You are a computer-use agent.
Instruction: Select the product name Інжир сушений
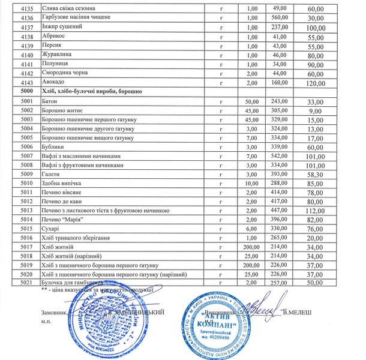tap(63, 27)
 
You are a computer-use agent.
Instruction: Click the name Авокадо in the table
tap(54, 82)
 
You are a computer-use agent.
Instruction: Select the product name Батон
tap(50, 103)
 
